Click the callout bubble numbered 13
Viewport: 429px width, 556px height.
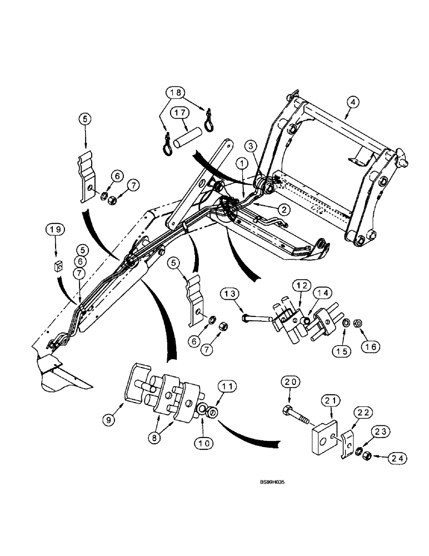click(232, 294)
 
